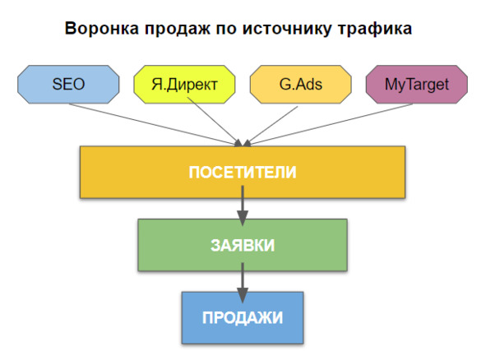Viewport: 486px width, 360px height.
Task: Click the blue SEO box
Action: pyautogui.click(x=68, y=85)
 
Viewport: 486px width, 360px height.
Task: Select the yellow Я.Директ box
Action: pyautogui.click(x=184, y=85)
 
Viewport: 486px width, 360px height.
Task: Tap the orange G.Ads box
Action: pyautogui.click(x=301, y=85)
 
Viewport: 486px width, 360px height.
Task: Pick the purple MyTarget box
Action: pyautogui.click(x=417, y=85)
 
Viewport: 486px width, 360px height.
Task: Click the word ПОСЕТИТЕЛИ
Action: pyautogui.click(x=243, y=173)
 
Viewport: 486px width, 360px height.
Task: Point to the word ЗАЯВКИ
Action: pyautogui.click(x=243, y=246)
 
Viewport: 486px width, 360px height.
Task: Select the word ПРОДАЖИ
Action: pyautogui.click(x=243, y=317)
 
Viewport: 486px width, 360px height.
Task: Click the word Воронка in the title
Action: pyautogui.click(x=102, y=28)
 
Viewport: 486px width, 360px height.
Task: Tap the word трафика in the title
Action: pyautogui.click(x=375, y=29)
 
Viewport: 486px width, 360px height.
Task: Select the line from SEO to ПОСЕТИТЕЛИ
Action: pyautogui.click(x=154, y=125)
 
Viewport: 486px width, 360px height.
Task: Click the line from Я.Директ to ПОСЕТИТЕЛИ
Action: pyautogui.click(x=215, y=122)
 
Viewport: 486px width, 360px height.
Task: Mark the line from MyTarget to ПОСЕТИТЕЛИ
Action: pyautogui.click(x=329, y=125)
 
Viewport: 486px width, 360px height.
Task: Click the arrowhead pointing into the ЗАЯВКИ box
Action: pyautogui.click(x=243, y=218)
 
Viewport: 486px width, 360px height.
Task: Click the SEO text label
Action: pyautogui.click(x=68, y=85)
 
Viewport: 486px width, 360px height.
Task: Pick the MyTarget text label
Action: pyautogui.click(x=417, y=85)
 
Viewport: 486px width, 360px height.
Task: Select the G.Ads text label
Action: pyautogui.click(x=301, y=85)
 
